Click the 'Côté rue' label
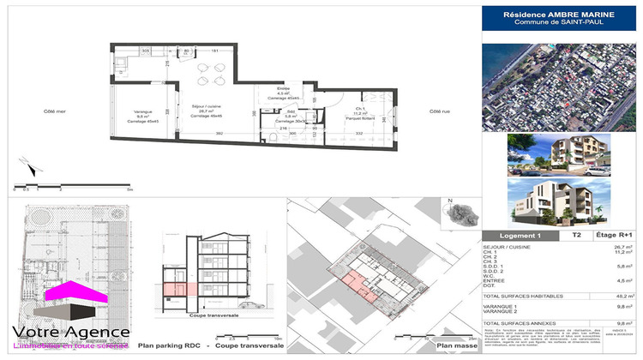[439, 111]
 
